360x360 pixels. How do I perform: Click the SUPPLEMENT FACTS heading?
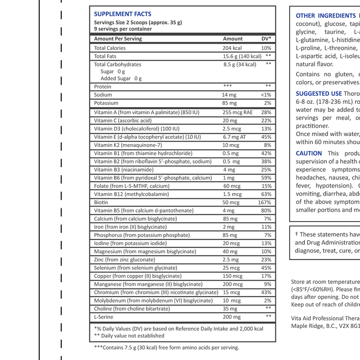122,14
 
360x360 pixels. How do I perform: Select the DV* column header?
266,39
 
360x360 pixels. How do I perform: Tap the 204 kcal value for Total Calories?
232,48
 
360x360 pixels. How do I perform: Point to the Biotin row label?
101,202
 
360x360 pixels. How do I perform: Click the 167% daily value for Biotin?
265,202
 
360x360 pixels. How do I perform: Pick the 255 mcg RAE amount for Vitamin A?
238,112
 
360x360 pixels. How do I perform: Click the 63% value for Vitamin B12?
266,194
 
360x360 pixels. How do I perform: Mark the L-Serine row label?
104,317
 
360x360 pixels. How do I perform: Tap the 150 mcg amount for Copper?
232,276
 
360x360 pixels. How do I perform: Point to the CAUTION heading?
309,153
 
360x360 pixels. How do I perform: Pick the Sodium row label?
103,95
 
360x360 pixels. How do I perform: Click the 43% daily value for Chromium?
266,292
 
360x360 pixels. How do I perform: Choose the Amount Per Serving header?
118,39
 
